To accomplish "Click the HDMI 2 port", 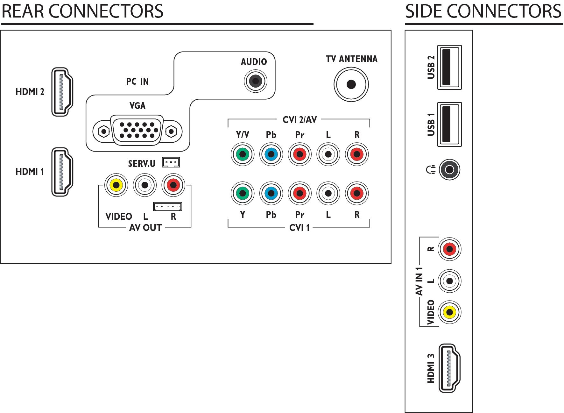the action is [x=62, y=92].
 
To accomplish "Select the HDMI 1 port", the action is [x=62, y=172].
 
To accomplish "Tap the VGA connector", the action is [x=137, y=131].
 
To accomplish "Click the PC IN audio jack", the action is [x=255, y=81].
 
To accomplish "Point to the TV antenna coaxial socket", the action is [x=351, y=84].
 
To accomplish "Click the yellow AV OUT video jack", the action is [x=116, y=185].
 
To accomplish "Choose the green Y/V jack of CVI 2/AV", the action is [x=243, y=154].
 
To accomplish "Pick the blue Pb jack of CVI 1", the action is [x=271, y=193].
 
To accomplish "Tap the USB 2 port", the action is [x=449, y=67].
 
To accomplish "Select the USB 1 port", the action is [x=449, y=124].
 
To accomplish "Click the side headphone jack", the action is [x=449, y=169].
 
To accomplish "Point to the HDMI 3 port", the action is [x=449, y=368].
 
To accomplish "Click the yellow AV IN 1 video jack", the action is [x=449, y=312].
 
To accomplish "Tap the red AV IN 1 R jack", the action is [x=449, y=249].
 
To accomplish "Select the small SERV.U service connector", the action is [x=171, y=162].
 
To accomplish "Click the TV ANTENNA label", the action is [x=352, y=59].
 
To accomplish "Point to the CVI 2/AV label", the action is [x=300, y=120].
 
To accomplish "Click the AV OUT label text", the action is [x=145, y=228].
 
